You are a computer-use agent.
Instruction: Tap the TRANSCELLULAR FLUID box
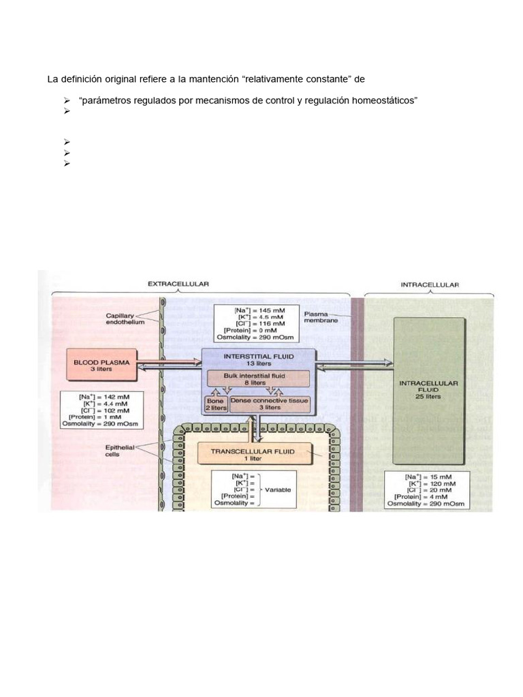(x=252, y=455)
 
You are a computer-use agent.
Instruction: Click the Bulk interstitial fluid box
(x=257, y=378)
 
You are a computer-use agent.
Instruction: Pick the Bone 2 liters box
(x=216, y=405)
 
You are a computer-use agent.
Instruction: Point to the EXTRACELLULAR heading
(x=179, y=284)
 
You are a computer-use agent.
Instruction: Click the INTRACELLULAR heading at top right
(x=430, y=284)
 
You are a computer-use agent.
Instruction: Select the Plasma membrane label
(x=321, y=317)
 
